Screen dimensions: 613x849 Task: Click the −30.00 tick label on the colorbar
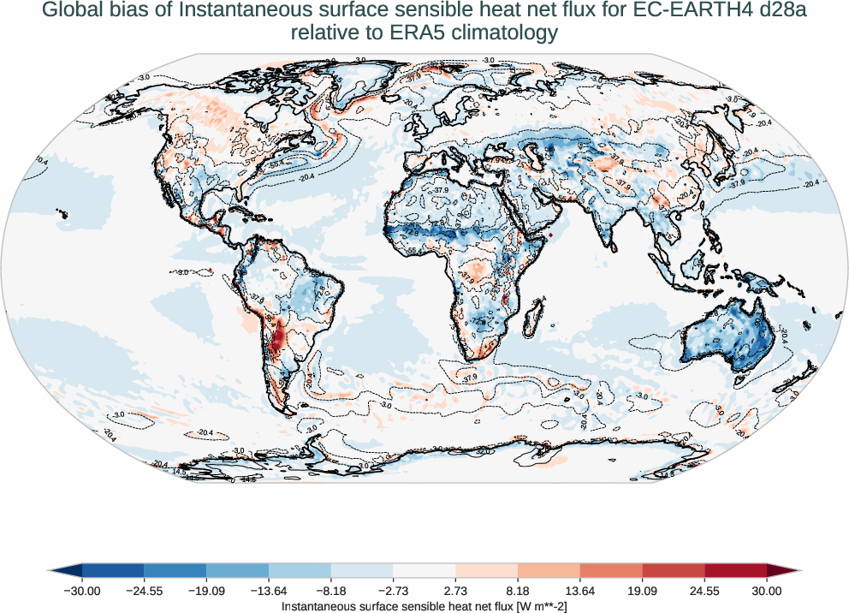tap(82, 591)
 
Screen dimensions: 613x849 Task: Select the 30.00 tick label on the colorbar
tap(767, 591)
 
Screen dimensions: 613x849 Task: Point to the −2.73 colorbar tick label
tap(393, 591)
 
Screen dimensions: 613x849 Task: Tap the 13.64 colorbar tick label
tap(580, 591)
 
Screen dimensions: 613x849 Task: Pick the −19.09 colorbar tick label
tap(206, 591)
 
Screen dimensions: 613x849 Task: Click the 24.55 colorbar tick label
tap(704, 591)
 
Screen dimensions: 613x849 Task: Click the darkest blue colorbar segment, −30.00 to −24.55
tap(113, 570)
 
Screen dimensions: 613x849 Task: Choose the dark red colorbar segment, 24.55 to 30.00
tap(735, 570)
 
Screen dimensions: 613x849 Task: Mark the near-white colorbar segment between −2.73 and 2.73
tap(424, 570)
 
